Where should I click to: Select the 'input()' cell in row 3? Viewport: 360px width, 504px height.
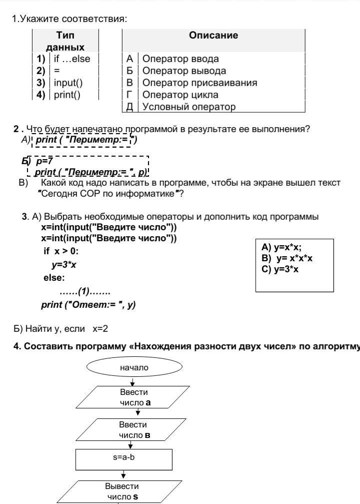(x=68, y=83)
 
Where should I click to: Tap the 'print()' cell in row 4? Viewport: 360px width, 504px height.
(x=67, y=95)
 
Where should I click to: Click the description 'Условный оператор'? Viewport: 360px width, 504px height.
(x=188, y=107)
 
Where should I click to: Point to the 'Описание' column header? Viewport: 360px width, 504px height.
(x=213, y=36)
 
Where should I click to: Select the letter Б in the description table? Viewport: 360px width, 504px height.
(x=129, y=71)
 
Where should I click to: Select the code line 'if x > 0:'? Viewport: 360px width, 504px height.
(x=61, y=251)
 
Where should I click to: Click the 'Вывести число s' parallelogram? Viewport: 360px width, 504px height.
(x=122, y=491)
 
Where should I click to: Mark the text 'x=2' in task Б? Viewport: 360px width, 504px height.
(x=100, y=329)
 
